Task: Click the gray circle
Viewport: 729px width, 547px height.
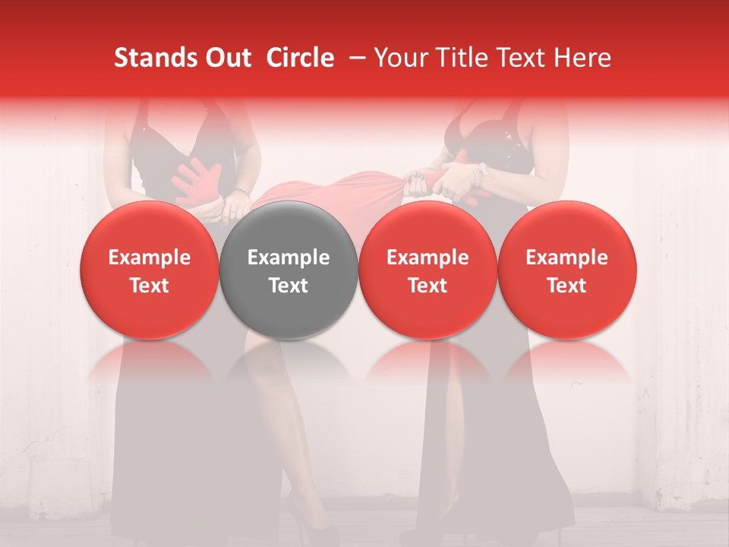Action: (x=289, y=270)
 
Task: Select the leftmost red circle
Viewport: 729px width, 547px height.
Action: (x=149, y=270)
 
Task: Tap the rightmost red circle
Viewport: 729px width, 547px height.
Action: (x=566, y=270)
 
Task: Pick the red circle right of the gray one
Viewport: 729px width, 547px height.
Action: (x=428, y=270)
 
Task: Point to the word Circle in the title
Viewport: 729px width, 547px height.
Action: (x=300, y=58)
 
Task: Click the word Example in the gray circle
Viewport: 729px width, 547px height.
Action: (x=289, y=258)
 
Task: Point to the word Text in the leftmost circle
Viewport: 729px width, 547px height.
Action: (x=149, y=286)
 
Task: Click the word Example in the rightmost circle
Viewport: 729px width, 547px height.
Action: (x=566, y=258)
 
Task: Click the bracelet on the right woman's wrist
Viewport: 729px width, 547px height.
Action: (x=478, y=175)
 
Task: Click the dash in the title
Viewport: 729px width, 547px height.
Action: (x=357, y=58)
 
